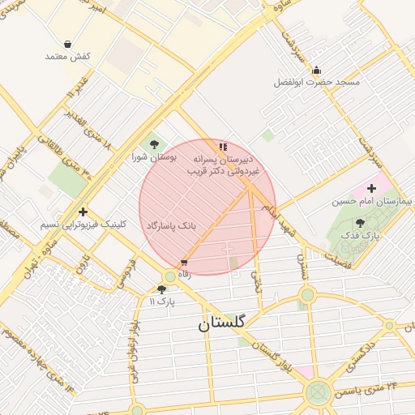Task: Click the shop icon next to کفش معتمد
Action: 67,44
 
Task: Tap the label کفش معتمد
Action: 67,56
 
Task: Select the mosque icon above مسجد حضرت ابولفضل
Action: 316,70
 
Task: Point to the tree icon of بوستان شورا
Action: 154,144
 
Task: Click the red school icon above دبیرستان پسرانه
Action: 223,147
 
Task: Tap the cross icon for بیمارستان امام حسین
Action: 372,188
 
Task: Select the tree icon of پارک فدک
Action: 360,222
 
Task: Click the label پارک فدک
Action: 361,234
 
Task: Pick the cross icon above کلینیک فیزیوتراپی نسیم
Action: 83,212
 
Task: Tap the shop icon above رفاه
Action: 185,262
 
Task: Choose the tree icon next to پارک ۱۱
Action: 161,289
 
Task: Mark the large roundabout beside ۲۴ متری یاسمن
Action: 318,394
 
